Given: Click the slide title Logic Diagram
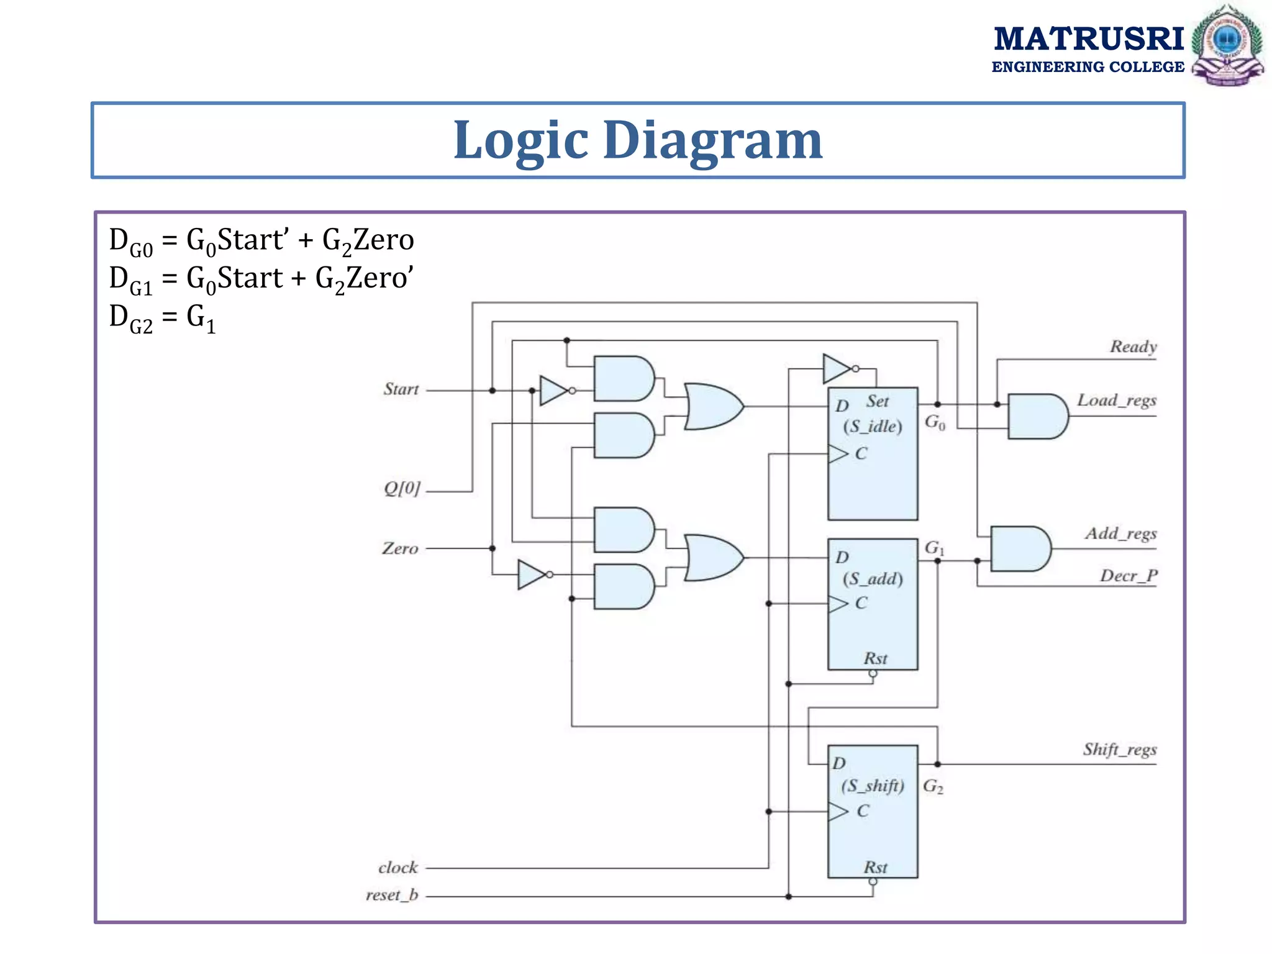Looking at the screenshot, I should coord(638,140).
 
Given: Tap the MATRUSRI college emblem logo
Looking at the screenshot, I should coord(1227,45).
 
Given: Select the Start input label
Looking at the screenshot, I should coord(401,389).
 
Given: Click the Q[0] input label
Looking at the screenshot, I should coord(402,489).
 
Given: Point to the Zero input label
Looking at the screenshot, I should coord(400,548).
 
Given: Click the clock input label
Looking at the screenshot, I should coord(398,868).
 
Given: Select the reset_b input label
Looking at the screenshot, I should coord(392,895).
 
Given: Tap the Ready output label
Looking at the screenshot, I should coord(1133,347).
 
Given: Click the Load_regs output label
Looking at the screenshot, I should coord(1116,401).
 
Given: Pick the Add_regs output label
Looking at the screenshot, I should coord(1120,534).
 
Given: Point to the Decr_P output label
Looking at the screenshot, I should coord(1129,576).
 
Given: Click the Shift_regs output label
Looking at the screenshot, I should coord(1120,750).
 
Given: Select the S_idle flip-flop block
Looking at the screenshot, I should coord(872,453).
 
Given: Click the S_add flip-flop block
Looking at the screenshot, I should coord(872,604).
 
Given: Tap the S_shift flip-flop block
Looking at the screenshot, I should coord(872,811).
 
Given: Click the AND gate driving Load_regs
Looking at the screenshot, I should coord(1036,416).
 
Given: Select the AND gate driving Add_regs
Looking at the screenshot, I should coord(1019,549).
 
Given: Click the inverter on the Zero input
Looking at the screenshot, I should coord(532,575).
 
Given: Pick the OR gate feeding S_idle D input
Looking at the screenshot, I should coord(713,406).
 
